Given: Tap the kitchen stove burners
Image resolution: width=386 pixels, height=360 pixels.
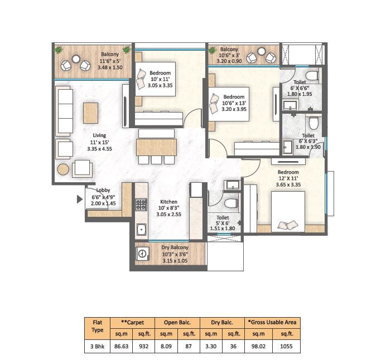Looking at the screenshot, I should click(x=141, y=205).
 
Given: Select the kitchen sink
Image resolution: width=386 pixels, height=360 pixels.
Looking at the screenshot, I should click(x=141, y=228).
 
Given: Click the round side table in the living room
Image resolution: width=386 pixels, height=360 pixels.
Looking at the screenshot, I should click(x=63, y=169).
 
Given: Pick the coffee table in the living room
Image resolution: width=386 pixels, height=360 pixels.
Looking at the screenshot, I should click(x=90, y=112).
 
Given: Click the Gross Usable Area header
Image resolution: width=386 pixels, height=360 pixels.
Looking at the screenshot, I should click(x=273, y=322).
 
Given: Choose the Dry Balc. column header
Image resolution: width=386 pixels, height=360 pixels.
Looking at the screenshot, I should click(x=222, y=322).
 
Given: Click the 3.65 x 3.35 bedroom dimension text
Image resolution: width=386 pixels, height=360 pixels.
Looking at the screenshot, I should click(x=289, y=184).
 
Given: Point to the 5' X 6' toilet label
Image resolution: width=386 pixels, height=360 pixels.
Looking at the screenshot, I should click(x=223, y=223).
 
